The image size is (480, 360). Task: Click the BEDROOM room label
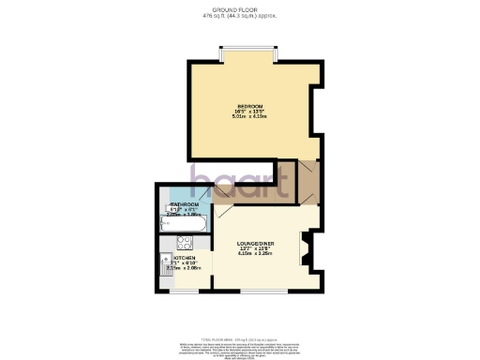coord(250,106)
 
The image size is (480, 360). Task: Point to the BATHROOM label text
coord(184,204)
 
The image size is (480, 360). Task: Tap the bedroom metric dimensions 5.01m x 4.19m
coord(250,116)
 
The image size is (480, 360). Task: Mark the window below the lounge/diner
coord(263,290)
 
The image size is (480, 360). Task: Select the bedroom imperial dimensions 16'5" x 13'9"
coord(250,111)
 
